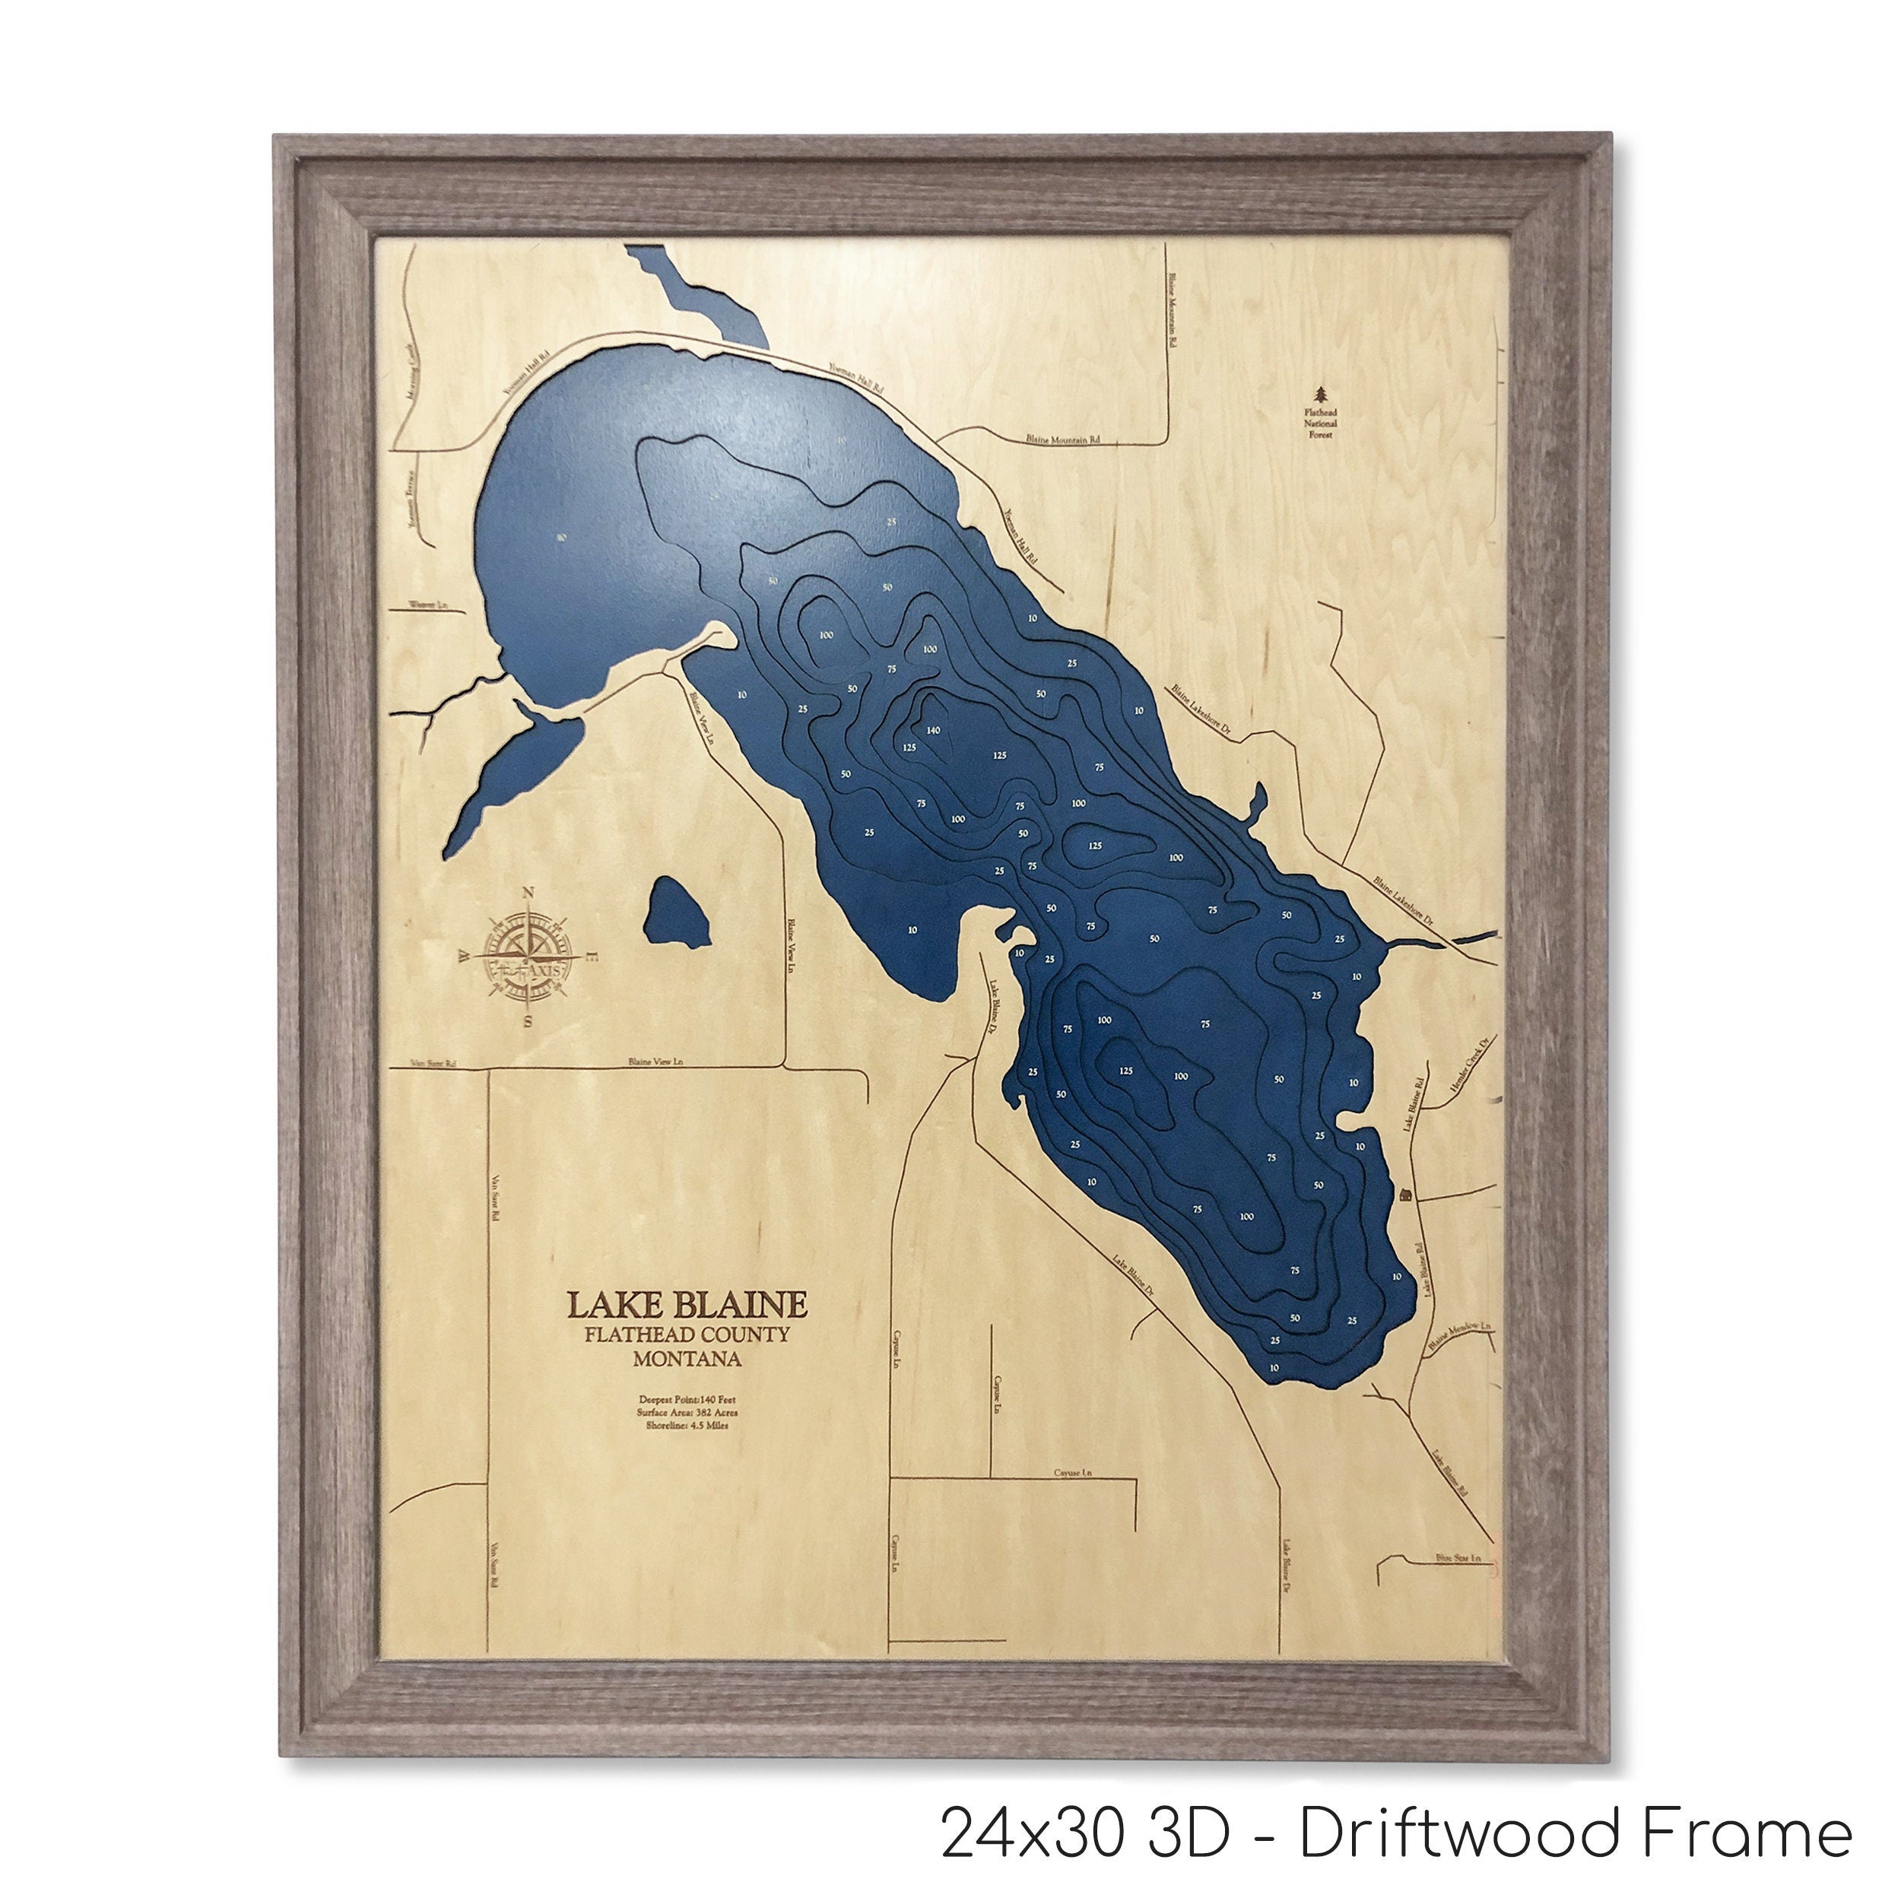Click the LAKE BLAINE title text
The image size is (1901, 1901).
(x=687, y=1305)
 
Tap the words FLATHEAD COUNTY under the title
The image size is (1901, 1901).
(x=686, y=1335)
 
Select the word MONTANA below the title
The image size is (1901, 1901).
(x=687, y=1360)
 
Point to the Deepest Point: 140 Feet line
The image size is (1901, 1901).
(x=687, y=1398)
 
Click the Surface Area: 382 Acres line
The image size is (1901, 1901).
(x=687, y=1412)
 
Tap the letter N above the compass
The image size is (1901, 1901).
(x=528, y=893)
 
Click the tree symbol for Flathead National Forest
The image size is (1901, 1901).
(x=1322, y=395)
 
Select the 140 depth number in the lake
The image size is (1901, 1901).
(x=934, y=730)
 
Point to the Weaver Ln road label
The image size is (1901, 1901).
(x=428, y=605)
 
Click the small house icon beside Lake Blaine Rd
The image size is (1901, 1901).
(x=1405, y=1194)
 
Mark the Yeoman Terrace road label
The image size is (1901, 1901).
(x=413, y=501)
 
